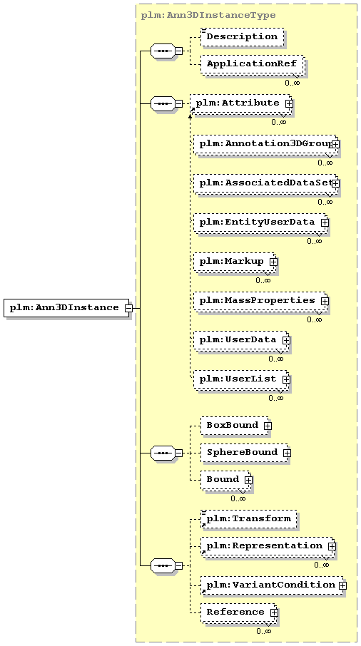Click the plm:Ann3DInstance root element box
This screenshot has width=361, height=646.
[66, 308]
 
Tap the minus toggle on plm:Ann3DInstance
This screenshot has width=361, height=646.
[128, 308]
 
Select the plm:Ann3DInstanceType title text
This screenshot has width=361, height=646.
[208, 16]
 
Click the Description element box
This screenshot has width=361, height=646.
[243, 36]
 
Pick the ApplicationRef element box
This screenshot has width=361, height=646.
[253, 64]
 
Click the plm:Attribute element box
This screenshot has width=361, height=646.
[241, 103]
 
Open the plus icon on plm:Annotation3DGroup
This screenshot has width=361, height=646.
[336, 144]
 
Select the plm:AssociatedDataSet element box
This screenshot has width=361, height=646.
[266, 183]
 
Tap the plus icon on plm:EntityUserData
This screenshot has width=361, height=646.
[325, 222]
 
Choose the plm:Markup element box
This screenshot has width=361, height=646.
[235, 262]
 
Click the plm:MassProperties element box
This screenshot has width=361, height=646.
[260, 301]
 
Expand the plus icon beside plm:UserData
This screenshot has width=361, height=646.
[286, 340]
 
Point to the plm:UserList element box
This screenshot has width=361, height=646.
[241, 379]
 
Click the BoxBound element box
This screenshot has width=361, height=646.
[235, 426]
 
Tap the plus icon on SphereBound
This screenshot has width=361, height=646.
[287, 453]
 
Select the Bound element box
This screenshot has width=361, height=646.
[226, 480]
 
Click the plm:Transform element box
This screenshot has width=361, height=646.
[249, 519]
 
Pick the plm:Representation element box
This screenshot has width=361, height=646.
[268, 546]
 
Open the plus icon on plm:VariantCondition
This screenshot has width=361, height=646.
[342, 585]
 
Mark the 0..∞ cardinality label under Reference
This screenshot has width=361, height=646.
[264, 631]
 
